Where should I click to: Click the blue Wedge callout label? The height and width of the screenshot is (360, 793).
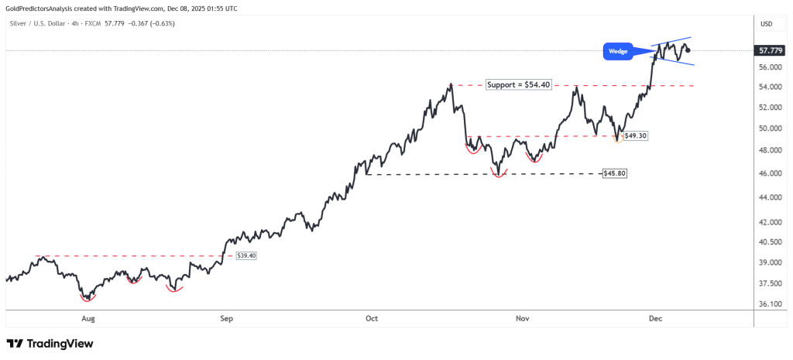(618, 52)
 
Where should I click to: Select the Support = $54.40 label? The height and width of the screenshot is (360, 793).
(518, 84)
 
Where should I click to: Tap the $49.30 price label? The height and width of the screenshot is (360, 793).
(635, 135)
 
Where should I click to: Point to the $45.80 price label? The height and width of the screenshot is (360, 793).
(614, 173)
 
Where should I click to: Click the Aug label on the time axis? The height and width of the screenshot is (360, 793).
(88, 318)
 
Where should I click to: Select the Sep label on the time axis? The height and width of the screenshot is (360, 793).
(226, 318)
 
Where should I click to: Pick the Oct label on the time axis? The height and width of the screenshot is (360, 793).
(372, 318)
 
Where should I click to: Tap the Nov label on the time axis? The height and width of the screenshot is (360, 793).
(523, 318)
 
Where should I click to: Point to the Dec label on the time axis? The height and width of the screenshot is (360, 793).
(654, 318)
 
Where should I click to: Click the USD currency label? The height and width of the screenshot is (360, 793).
(767, 24)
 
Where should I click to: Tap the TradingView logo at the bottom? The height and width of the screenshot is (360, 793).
(50, 343)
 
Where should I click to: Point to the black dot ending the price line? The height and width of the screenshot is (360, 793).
(688, 50)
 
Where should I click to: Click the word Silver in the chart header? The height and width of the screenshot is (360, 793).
(19, 23)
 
